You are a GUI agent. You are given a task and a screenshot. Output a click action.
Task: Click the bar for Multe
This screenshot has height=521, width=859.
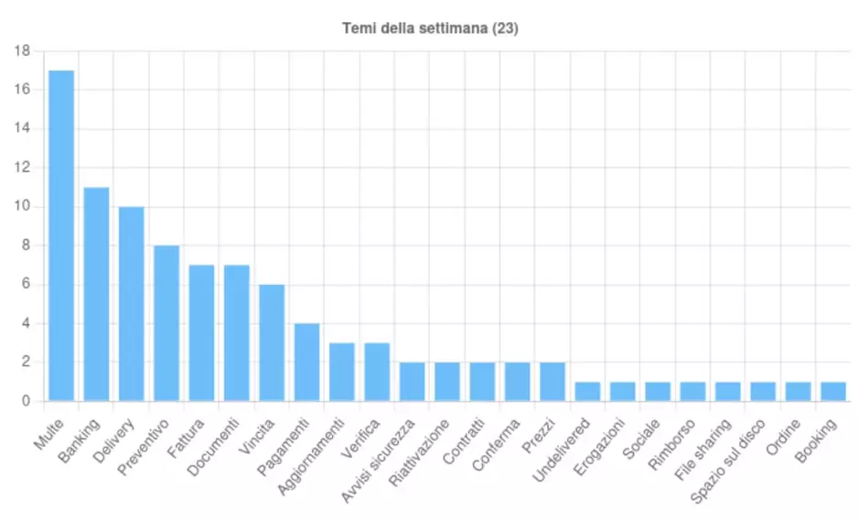coord(61,235)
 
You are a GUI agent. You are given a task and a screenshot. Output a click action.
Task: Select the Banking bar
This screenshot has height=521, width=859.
coord(96,294)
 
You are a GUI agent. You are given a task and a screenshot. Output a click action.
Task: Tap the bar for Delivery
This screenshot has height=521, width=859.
coord(131,304)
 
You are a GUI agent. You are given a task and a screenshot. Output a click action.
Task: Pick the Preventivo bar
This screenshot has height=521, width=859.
coord(166,323)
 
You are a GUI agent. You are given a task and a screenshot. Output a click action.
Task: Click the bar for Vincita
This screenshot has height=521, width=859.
coord(272,342)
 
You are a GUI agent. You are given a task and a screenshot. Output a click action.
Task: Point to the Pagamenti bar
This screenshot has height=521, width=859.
coord(306,362)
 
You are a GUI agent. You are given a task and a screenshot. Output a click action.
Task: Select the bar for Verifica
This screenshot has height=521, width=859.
coord(377,372)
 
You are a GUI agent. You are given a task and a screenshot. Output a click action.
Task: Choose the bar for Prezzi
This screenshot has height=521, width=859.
coord(553,382)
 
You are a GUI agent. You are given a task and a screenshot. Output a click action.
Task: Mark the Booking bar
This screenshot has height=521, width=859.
coord(833,391)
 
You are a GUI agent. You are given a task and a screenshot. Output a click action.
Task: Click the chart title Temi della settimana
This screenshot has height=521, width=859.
coord(430,28)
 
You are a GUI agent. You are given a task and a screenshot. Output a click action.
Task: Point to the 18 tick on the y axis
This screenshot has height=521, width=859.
coord(24,51)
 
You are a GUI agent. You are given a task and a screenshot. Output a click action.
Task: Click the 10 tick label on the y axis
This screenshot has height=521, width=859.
coord(24,207)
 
